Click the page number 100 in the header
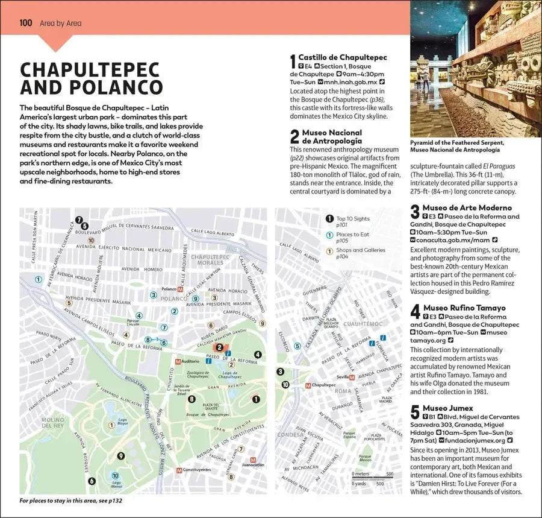[x=25, y=24]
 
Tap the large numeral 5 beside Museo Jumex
[x=414, y=412]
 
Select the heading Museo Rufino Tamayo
[x=464, y=308]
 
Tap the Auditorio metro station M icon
[x=177, y=362]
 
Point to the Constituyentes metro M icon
[x=179, y=470]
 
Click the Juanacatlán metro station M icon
[x=253, y=457]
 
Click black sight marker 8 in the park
[x=192, y=399]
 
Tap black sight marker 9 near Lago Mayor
[x=121, y=456]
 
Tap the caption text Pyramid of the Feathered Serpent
[x=456, y=142]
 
